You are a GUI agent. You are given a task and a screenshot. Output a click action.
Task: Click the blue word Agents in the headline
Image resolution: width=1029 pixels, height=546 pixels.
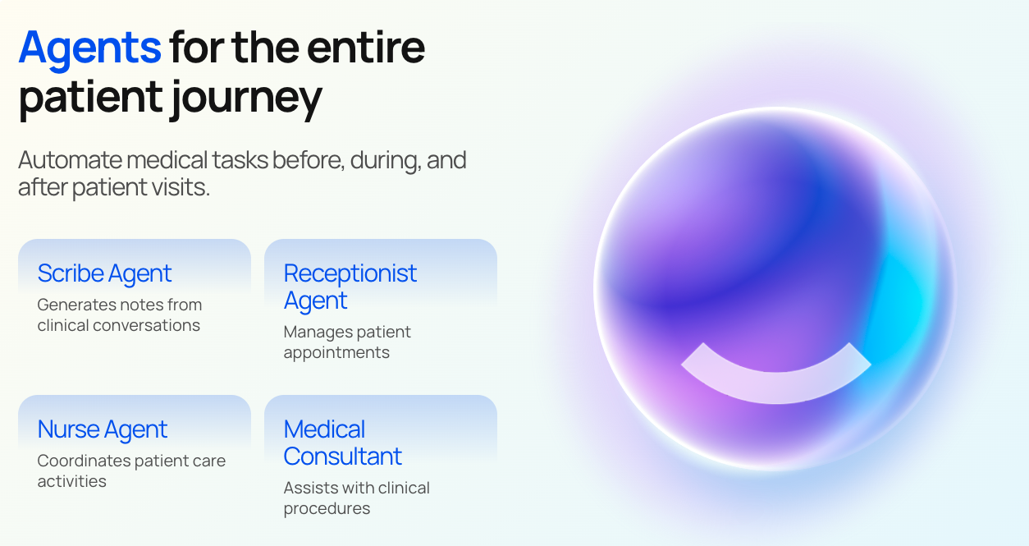tap(89, 48)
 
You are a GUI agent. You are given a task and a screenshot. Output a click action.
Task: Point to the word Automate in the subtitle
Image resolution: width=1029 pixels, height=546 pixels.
tap(70, 160)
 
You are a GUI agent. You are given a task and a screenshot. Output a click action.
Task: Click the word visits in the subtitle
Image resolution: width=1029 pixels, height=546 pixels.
tap(181, 187)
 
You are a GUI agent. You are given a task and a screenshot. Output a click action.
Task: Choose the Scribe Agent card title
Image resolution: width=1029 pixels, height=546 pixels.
tap(104, 274)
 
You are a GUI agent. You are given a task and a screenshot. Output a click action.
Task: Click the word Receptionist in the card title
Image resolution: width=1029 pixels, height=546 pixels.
tap(350, 273)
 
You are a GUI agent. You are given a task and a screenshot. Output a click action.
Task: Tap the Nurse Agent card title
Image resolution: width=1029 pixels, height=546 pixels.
tap(102, 429)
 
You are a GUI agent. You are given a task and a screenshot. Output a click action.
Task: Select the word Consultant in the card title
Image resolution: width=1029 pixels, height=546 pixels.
tap(343, 457)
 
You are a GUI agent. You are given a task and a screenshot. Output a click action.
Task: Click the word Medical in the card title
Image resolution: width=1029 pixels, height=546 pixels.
tap(324, 429)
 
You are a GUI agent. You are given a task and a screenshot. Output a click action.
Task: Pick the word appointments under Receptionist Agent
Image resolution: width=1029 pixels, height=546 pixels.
tap(336, 353)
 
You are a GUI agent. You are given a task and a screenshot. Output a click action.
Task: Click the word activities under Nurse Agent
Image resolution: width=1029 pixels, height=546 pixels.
tap(71, 481)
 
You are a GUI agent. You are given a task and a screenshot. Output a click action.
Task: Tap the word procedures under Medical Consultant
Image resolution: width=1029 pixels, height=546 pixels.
tap(327, 509)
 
